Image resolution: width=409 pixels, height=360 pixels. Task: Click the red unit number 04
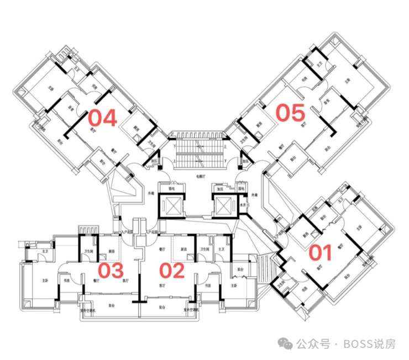click(x=103, y=118)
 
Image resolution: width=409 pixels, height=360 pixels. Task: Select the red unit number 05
click(x=291, y=113)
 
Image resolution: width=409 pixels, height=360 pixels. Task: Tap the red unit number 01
click(x=320, y=252)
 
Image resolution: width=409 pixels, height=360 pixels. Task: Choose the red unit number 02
click(x=171, y=271)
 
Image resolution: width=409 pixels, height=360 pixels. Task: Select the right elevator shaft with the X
click(x=224, y=206)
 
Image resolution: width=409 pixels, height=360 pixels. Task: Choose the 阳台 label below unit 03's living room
click(x=111, y=305)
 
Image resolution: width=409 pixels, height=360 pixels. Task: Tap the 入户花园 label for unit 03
click(x=127, y=232)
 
